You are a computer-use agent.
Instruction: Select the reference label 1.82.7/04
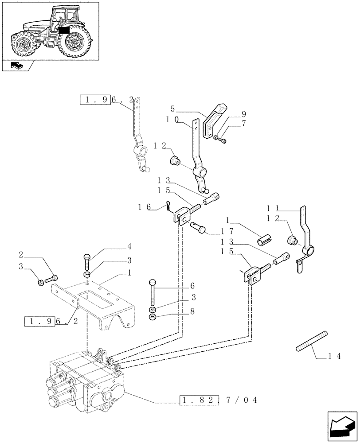pos(219,400)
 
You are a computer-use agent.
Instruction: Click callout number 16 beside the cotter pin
pos(145,206)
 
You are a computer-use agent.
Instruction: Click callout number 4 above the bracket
pos(129,246)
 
